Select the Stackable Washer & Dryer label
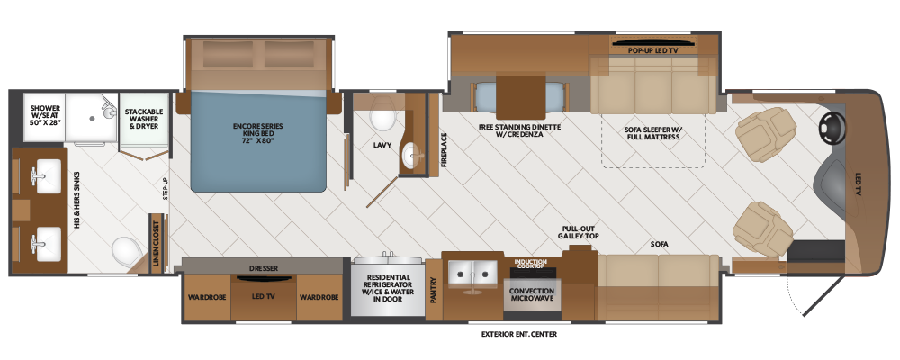point(144,118)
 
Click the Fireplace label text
point(444,150)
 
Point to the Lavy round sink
point(413,155)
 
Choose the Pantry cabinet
point(434,290)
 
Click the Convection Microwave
point(532,294)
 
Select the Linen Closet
point(156,242)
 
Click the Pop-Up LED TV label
point(653,50)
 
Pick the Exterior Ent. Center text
point(519,334)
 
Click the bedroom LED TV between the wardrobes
point(264,297)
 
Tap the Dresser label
point(264,268)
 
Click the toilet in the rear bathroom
point(125,251)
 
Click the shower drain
point(91,119)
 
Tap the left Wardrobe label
point(207,297)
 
